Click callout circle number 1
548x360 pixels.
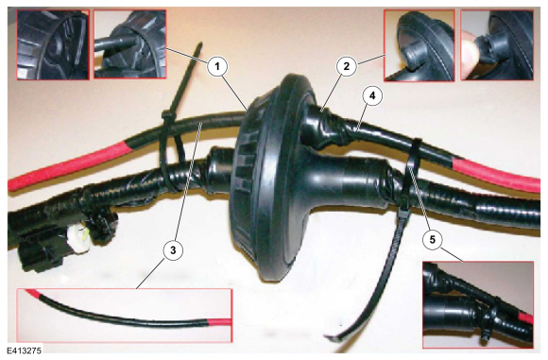coord(217,66)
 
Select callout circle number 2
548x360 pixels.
coord(346,66)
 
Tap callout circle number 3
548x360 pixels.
coord(173,249)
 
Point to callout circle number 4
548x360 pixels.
coord(372,95)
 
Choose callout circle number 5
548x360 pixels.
coord(433,240)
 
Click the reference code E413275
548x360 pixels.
coord(25,351)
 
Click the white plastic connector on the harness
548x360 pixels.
coord(79,238)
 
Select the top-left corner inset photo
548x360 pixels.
coord(53,44)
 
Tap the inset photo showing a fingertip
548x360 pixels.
coord(497,44)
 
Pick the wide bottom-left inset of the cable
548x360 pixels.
coord(124,316)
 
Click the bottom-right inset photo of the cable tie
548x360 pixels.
coord(478,305)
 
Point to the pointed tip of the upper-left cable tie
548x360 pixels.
coord(200,44)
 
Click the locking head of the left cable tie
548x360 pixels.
coord(166,114)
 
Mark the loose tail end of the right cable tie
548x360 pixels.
coord(332,337)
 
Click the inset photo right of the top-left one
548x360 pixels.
coord(129,43)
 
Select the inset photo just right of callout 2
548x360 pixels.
coord(420,45)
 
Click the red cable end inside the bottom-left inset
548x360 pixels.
coord(219,321)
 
